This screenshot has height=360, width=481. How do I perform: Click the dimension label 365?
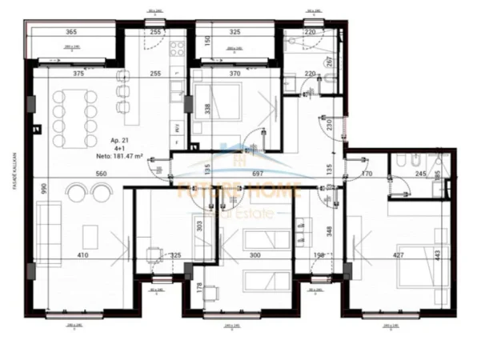tap(71, 33)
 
